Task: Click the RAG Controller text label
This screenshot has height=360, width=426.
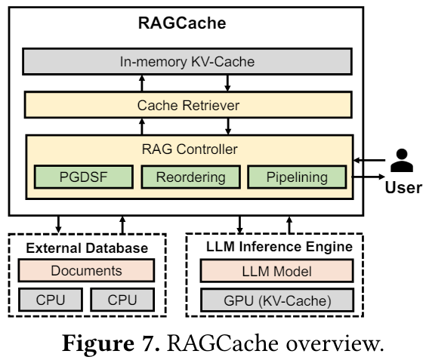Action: coord(190,148)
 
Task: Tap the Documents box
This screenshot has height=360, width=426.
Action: coord(85,270)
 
